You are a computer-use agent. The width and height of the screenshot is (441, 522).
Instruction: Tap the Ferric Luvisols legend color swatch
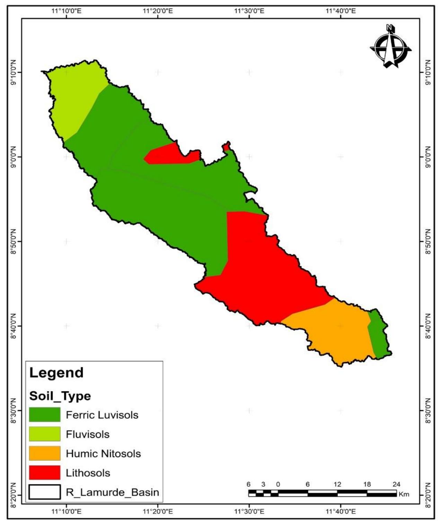45,415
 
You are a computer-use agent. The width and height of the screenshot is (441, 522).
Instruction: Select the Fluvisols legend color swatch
45,434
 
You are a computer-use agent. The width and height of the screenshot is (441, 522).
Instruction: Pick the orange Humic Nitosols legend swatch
45,453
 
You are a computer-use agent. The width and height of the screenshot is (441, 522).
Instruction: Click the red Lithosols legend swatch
45,473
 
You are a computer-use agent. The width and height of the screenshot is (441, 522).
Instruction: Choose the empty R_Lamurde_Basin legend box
45,492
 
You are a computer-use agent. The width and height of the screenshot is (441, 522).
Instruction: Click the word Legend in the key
56,373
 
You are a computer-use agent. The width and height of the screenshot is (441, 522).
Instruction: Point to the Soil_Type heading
60,396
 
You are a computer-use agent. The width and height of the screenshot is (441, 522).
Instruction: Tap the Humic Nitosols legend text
103,454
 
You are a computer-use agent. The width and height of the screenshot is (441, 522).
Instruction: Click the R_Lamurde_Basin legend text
112,492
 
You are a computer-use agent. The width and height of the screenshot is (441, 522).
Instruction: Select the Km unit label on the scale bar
404,494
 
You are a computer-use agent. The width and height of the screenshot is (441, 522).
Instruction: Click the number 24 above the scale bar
396,484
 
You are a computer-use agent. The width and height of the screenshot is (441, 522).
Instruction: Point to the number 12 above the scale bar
337,484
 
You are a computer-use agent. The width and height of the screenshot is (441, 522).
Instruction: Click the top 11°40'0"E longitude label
341,11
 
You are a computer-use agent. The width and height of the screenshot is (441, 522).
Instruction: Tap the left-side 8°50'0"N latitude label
12,241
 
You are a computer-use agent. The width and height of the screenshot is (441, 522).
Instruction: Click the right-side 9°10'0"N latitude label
429,72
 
